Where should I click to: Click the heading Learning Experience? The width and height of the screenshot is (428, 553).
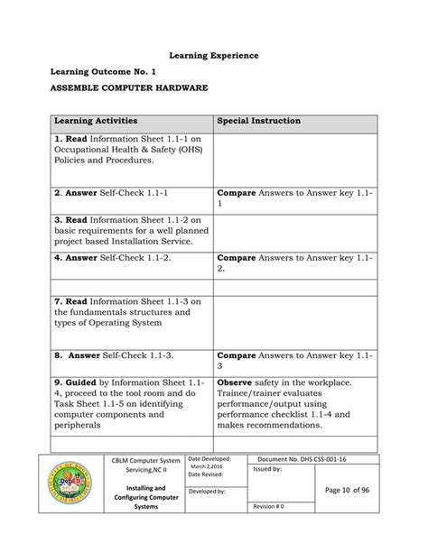click(x=213, y=56)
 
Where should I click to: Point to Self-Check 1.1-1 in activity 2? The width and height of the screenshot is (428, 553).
click(x=135, y=193)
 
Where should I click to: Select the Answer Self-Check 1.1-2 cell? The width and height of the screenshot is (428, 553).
click(x=114, y=257)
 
